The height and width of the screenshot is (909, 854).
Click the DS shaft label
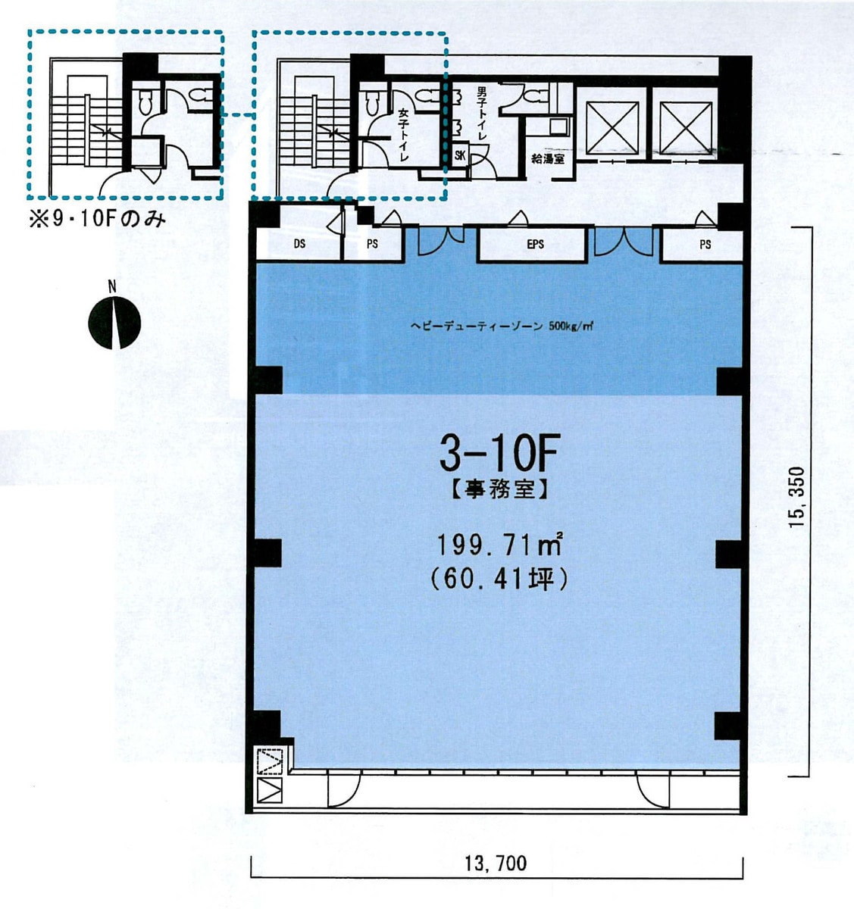click(299, 244)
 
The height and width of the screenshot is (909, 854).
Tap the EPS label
click(535, 245)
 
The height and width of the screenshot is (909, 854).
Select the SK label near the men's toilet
click(460, 155)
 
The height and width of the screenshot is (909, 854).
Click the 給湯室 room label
click(548, 159)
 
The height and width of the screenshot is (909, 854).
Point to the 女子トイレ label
click(403, 135)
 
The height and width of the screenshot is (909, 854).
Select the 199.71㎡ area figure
click(499, 544)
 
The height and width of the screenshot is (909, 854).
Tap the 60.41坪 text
click(499, 580)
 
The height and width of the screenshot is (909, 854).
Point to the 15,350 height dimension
click(796, 497)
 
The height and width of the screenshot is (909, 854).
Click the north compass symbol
click(114, 322)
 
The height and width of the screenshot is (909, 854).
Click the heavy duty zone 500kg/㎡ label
click(502, 326)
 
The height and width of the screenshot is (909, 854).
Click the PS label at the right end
click(705, 245)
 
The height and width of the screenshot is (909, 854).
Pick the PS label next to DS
click(372, 244)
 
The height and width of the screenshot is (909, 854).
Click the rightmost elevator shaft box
click(685, 127)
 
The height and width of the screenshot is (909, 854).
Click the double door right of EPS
click(624, 241)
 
